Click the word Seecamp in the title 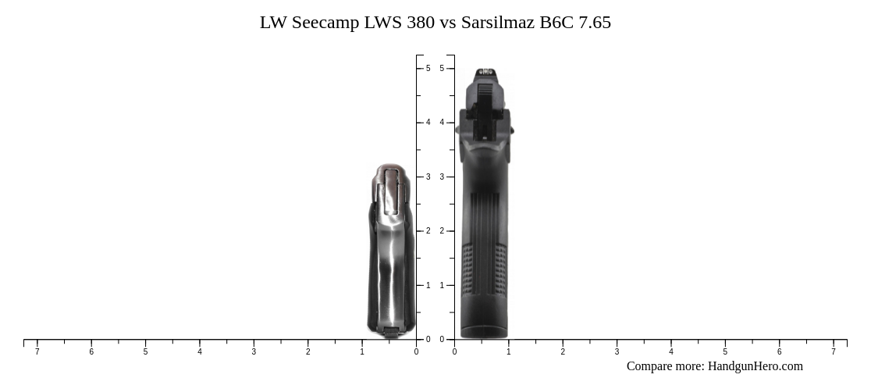[x=325, y=23]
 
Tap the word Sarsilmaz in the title [x=497, y=23]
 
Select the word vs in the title [x=448, y=23]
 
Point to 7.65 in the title [x=594, y=23]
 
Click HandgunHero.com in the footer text [x=755, y=366]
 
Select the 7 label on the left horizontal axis [x=37, y=352]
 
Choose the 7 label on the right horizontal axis [x=834, y=352]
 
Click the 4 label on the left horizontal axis [x=200, y=352]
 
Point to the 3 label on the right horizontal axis [x=617, y=352]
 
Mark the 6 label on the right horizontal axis [x=779, y=352]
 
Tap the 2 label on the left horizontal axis [x=308, y=352]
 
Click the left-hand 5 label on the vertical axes [x=428, y=69]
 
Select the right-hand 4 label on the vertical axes [x=442, y=123]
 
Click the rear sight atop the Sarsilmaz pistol [x=485, y=73]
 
